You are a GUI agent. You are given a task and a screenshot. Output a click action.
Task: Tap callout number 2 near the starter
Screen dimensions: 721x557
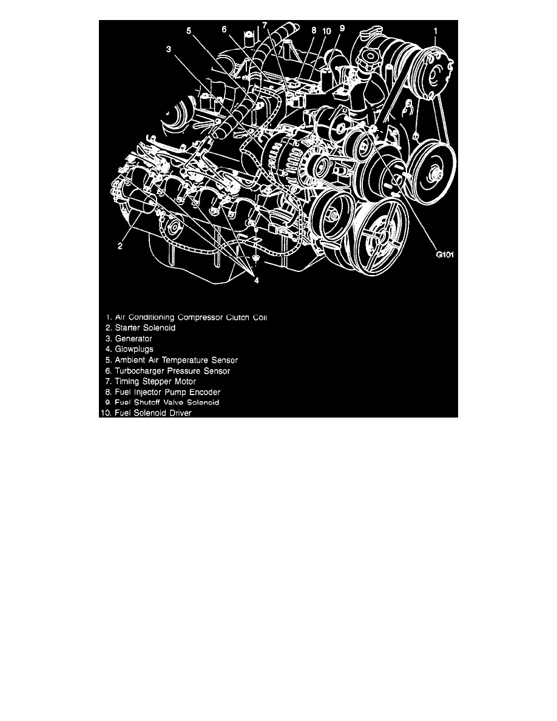[120, 246]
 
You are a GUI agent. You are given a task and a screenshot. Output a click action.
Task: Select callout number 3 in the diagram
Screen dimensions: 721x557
[169, 50]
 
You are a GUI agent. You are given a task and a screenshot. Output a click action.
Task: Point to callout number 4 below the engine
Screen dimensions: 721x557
[257, 280]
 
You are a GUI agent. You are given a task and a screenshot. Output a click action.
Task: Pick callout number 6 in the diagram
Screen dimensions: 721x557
[224, 29]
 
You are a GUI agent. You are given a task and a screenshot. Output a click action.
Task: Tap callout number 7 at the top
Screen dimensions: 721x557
[265, 24]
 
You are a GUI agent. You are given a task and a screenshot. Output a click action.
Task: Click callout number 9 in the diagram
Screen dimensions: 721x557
[342, 27]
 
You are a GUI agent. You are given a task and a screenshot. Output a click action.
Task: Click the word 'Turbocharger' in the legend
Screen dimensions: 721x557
[141, 370]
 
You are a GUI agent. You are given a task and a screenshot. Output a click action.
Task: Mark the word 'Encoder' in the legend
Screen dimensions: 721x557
[203, 391]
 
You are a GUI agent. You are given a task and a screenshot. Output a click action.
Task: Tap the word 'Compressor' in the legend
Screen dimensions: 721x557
[199, 317]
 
